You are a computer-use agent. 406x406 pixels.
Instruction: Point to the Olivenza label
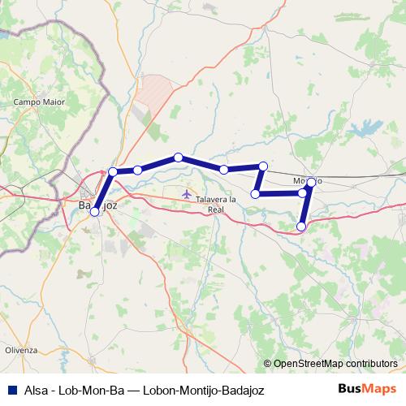click(21, 349)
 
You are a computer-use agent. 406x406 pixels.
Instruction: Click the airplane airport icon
click(188, 194)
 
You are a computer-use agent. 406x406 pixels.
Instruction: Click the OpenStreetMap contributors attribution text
click(335, 364)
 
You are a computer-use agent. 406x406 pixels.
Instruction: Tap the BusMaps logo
click(368, 389)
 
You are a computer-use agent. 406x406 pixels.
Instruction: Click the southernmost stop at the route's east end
click(301, 227)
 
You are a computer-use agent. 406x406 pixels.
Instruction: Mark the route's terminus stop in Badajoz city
click(95, 211)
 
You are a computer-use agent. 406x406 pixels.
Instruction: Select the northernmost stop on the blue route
click(178, 157)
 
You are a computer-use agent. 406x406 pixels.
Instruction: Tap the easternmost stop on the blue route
click(311, 182)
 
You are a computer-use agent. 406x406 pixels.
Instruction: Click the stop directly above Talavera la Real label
click(222, 169)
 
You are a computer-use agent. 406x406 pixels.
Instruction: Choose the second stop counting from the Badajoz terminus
click(113, 171)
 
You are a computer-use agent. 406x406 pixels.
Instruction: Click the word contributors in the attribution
click(369, 364)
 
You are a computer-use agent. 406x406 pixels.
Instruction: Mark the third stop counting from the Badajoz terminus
click(138, 170)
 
